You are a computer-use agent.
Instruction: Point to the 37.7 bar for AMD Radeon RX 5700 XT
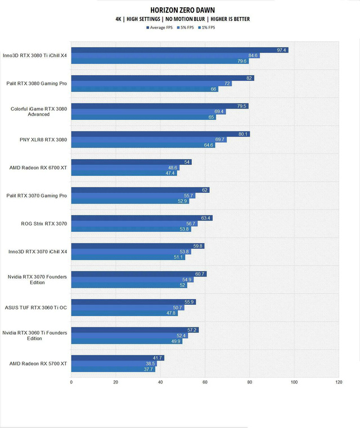coord(112,370)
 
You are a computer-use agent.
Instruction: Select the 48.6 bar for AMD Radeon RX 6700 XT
coord(124,168)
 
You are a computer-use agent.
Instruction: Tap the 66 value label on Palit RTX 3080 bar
coord(214,89)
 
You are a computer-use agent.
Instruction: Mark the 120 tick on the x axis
coord(339,382)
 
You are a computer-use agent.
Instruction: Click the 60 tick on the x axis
coord(205,382)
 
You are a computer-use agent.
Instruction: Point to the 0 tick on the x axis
coord(71,382)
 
